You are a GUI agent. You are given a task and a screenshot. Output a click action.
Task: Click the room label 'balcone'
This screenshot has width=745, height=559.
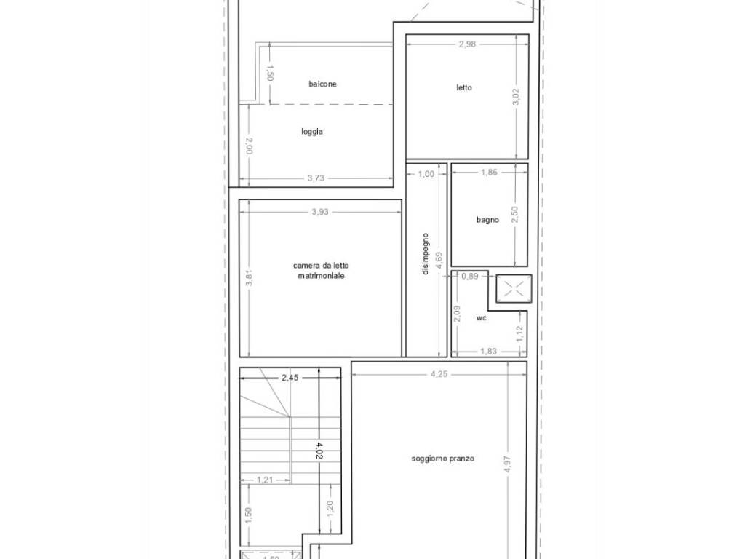[x=322, y=84]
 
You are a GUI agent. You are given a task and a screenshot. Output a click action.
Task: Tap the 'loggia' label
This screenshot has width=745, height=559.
[x=312, y=132]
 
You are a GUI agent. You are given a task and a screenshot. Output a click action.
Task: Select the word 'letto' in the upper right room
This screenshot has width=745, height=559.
[x=464, y=87]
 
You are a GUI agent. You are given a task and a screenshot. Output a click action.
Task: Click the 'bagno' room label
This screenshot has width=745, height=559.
[x=487, y=220]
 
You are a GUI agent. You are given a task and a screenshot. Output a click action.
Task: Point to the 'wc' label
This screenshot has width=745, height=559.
[x=482, y=318]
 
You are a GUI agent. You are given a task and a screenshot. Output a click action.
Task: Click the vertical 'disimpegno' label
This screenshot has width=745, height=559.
[x=425, y=253]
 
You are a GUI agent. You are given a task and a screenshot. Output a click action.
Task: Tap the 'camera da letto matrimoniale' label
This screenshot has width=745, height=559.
[x=321, y=271]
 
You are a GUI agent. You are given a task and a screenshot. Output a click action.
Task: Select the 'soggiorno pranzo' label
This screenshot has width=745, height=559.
[x=443, y=459]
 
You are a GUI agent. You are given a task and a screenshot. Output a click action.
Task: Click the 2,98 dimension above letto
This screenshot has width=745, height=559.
[x=467, y=44]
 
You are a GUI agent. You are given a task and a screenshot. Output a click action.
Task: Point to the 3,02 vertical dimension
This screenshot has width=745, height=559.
[x=517, y=97]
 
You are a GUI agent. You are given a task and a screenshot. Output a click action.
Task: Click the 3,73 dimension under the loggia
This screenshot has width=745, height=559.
[x=316, y=178]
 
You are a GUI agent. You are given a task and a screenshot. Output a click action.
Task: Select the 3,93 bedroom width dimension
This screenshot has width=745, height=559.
[x=320, y=212]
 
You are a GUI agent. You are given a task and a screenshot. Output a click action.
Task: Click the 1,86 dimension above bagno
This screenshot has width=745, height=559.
[x=489, y=172]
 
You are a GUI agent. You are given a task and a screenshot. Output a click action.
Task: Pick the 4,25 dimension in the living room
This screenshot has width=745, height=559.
[x=439, y=374]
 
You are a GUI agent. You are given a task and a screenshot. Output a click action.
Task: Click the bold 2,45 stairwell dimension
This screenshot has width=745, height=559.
[x=290, y=378]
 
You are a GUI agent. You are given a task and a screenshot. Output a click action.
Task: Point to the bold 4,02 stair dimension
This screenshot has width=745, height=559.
[x=319, y=451]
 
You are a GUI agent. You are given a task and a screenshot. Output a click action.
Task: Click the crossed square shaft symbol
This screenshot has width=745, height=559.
[x=514, y=288]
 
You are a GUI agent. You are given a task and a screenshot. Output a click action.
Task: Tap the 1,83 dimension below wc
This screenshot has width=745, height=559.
[x=488, y=352]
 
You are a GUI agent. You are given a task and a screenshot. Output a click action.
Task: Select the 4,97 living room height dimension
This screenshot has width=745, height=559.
[x=507, y=464]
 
